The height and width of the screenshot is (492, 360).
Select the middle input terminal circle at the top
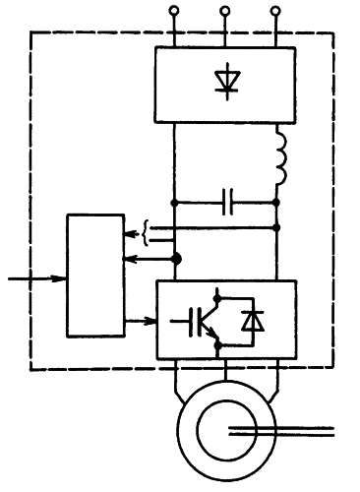click(x=225, y=11)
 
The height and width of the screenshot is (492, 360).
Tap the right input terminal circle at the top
click(x=274, y=11)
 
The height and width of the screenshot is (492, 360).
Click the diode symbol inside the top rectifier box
click(x=225, y=82)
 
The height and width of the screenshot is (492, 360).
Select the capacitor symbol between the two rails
click(x=228, y=204)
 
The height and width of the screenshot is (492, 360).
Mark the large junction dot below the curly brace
click(x=176, y=259)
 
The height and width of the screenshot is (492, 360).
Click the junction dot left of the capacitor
click(x=175, y=204)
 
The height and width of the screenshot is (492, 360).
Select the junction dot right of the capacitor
click(x=275, y=204)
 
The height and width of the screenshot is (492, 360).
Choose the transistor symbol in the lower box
click(x=197, y=320)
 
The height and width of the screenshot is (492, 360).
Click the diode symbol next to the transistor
click(x=253, y=320)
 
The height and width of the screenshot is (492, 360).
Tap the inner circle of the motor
click(x=225, y=431)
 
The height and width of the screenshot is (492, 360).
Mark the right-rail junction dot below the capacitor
click(x=275, y=228)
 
